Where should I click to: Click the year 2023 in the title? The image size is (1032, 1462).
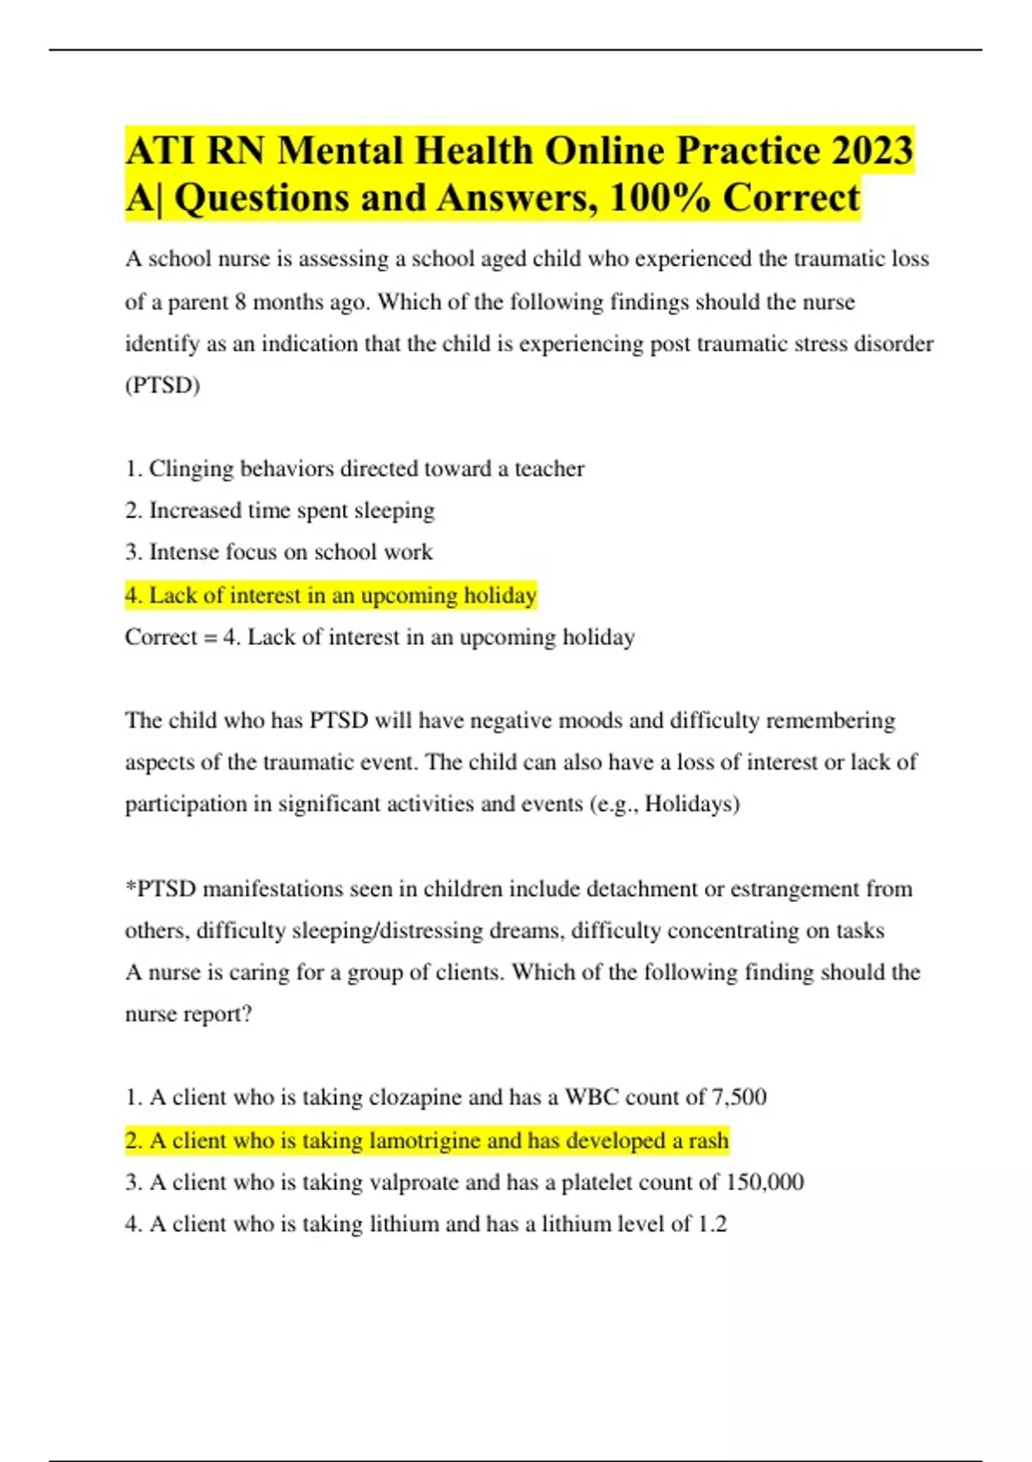point(871,151)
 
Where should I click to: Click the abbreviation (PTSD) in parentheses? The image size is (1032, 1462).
point(163,384)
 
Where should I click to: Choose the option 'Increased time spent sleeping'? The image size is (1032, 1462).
point(280,511)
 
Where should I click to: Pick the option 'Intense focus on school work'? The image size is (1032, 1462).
point(279,552)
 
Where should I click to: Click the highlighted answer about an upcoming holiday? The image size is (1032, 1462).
point(331,595)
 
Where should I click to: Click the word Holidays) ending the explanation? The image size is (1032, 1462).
point(692,804)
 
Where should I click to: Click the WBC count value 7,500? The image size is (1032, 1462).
point(739,1097)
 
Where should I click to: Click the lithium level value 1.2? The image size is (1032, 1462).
point(712,1224)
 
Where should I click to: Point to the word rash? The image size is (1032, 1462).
point(708,1140)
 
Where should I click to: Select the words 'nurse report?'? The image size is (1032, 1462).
point(188,1014)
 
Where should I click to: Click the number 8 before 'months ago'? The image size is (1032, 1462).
point(241,303)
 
